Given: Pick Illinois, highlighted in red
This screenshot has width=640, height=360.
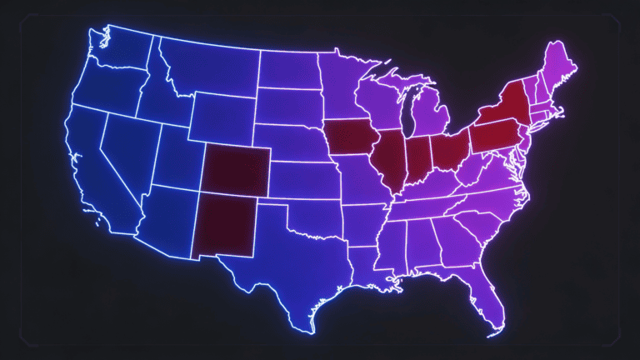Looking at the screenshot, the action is click(388, 158).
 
